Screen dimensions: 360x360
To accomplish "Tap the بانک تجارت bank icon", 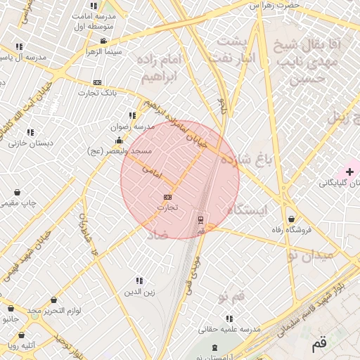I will [x=97, y=82].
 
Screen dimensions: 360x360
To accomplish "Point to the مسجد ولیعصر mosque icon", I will [x=118, y=140].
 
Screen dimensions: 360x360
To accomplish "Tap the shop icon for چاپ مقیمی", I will [x=17, y=192].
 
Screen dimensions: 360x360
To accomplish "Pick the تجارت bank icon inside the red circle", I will [x=167, y=197].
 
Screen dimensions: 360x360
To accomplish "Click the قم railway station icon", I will [x=201, y=219].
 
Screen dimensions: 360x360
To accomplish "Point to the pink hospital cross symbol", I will [x=349, y=172].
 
